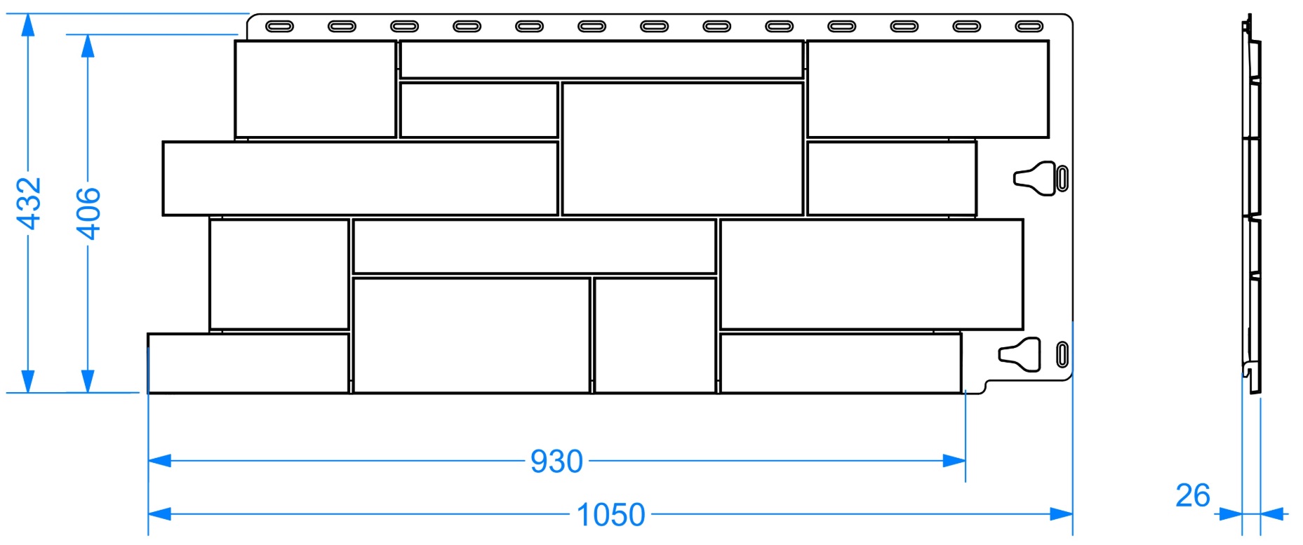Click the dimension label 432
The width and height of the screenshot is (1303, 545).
(x=29, y=203)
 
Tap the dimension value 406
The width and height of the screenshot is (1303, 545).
(x=88, y=213)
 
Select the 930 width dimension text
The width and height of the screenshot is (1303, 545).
(x=556, y=462)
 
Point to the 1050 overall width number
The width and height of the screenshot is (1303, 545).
(x=610, y=515)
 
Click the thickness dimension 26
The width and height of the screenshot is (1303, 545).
(x=1193, y=496)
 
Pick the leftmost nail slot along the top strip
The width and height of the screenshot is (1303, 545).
(x=279, y=27)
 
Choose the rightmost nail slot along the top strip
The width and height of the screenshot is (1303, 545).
(x=1029, y=27)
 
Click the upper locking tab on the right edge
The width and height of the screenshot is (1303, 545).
(x=1035, y=178)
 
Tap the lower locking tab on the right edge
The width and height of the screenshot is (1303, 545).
(x=1020, y=354)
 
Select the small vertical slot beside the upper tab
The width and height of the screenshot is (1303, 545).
(x=1062, y=178)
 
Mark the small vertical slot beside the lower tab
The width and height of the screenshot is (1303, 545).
(x=1062, y=354)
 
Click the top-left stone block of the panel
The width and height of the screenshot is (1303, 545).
(x=316, y=89)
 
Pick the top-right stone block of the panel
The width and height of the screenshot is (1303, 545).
(x=928, y=89)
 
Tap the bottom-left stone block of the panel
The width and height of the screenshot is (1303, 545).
(x=248, y=363)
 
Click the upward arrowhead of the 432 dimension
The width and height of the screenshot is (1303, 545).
(x=28, y=25)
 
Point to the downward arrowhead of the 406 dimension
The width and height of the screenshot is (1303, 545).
(x=88, y=381)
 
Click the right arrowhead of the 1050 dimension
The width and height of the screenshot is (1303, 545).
(x=1061, y=514)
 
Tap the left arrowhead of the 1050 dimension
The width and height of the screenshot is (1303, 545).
(x=160, y=514)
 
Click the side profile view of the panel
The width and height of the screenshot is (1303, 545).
(x=1251, y=203)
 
